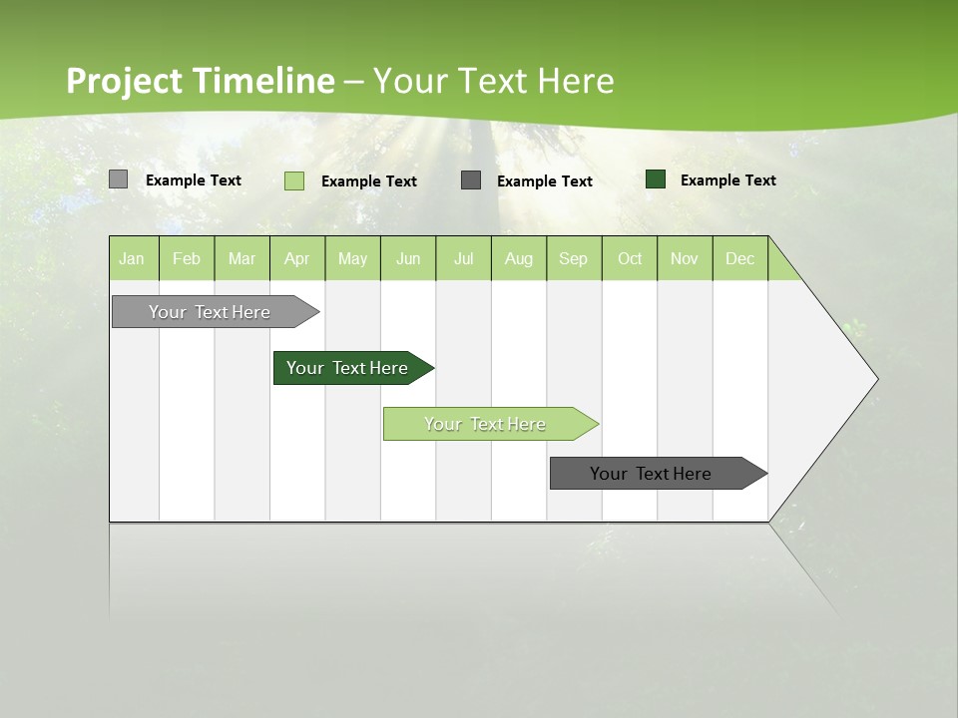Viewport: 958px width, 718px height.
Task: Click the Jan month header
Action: (133, 258)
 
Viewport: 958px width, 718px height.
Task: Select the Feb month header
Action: (187, 258)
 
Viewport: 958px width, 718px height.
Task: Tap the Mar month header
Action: (241, 258)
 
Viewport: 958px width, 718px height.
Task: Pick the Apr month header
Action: (297, 258)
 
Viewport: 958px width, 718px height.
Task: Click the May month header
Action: (352, 258)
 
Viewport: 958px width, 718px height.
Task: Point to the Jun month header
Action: (408, 258)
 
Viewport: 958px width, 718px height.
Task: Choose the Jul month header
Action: (463, 258)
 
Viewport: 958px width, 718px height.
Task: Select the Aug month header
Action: (519, 258)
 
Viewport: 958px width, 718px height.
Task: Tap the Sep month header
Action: (574, 258)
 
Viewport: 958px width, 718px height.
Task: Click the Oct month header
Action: (630, 258)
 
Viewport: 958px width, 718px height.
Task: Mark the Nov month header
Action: (685, 258)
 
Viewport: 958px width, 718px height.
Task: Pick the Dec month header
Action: (740, 258)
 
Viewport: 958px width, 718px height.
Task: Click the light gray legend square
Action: (118, 179)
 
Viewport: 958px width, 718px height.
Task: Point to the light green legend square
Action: (294, 180)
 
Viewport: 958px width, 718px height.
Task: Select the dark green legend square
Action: (656, 179)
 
